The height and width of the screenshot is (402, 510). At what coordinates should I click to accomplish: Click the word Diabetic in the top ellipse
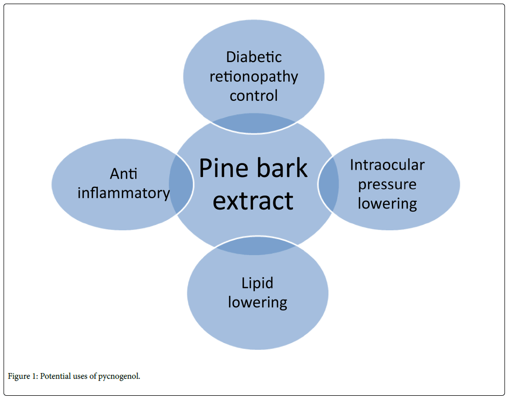254,57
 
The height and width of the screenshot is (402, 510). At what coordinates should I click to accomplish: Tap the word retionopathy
254,77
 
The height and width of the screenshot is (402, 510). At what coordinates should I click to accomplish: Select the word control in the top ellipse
254,96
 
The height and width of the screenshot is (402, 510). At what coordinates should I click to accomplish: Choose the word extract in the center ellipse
253,200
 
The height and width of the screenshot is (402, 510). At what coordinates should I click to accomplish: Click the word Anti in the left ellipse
124,174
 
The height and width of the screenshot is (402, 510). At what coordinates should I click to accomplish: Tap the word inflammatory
124,193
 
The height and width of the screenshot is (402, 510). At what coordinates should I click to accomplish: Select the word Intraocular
387,165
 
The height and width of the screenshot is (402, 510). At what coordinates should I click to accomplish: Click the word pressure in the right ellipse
387,185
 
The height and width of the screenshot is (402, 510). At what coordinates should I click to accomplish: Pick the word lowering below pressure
387,203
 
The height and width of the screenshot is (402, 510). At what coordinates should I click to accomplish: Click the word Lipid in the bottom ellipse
257,283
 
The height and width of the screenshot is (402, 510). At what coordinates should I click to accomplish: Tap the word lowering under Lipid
257,302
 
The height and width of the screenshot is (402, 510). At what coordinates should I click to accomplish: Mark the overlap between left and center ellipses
181,184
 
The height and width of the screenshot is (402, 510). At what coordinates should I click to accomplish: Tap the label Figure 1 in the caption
20,376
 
